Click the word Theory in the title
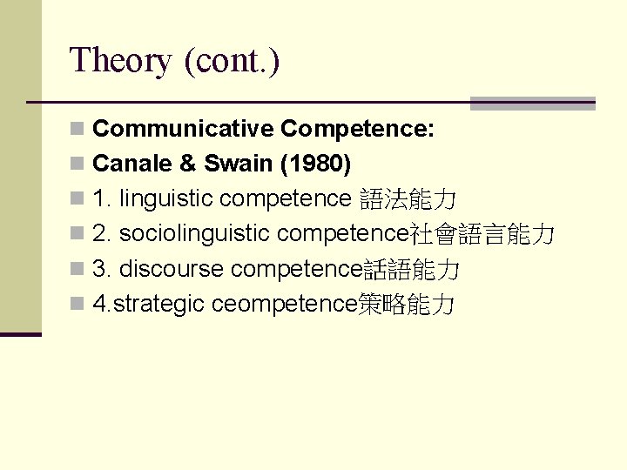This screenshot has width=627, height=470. click(x=121, y=61)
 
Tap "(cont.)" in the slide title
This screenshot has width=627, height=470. click(x=233, y=61)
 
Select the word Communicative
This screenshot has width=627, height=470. click(x=183, y=129)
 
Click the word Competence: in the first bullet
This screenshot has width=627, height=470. click(x=357, y=129)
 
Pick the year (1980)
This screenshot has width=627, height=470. click(x=307, y=164)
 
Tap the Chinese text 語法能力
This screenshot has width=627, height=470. click(x=408, y=200)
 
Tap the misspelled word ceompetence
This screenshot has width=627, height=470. click(x=285, y=305)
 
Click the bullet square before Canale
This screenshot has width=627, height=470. click(x=78, y=164)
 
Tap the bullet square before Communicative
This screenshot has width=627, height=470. click(x=78, y=130)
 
